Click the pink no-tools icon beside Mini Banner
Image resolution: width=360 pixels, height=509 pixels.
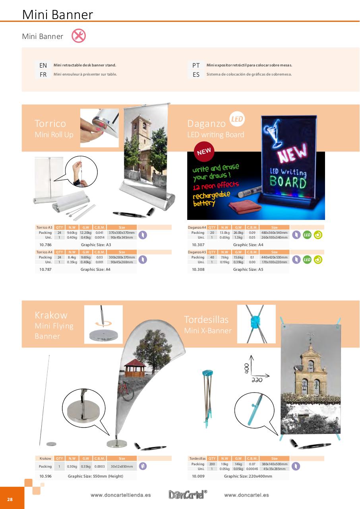click(x=79, y=36)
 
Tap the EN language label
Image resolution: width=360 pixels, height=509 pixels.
click(x=43, y=65)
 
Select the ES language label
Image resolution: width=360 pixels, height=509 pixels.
click(x=196, y=74)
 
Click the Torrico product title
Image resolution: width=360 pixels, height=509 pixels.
click(x=50, y=123)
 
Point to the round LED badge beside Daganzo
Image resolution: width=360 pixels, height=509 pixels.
click(x=237, y=119)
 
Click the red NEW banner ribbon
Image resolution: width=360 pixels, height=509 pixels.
click(x=204, y=151)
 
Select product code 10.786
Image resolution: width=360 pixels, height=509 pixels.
click(x=45, y=245)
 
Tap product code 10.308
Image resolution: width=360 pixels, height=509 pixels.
click(x=198, y=269)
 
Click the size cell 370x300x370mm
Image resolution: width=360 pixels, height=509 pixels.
click(x=122, y=233)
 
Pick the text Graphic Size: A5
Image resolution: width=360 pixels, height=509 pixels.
click(x=248, y=269)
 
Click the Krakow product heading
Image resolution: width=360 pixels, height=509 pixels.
click(x=51, y=315)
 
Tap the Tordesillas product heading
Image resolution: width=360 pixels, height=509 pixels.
click(x=206, y=320)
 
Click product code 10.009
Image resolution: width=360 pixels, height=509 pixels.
click(x=198, y=476)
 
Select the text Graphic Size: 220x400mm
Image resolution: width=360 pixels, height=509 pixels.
click(x=248, y=476)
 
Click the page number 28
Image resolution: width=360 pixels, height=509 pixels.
click(x=10, y=499)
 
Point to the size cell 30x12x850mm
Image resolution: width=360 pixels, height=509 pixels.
click(x=122, y=466)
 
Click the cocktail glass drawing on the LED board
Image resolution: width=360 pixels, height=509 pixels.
click(x=274, y=135)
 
